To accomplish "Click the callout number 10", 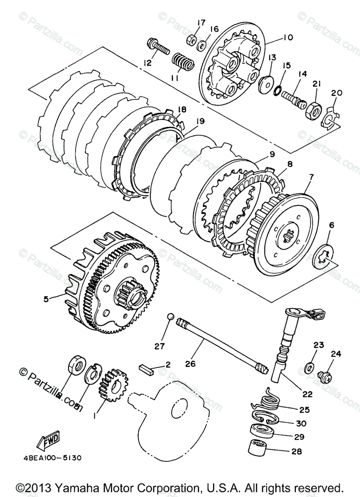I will pos(288,38).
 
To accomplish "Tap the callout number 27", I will pos(160,346).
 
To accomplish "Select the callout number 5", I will pos(46,298).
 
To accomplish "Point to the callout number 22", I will pos(307,394).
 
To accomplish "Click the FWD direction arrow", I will pos(48,441).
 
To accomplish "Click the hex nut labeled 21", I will pos(312,109).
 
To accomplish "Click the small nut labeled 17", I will pos(191,40).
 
